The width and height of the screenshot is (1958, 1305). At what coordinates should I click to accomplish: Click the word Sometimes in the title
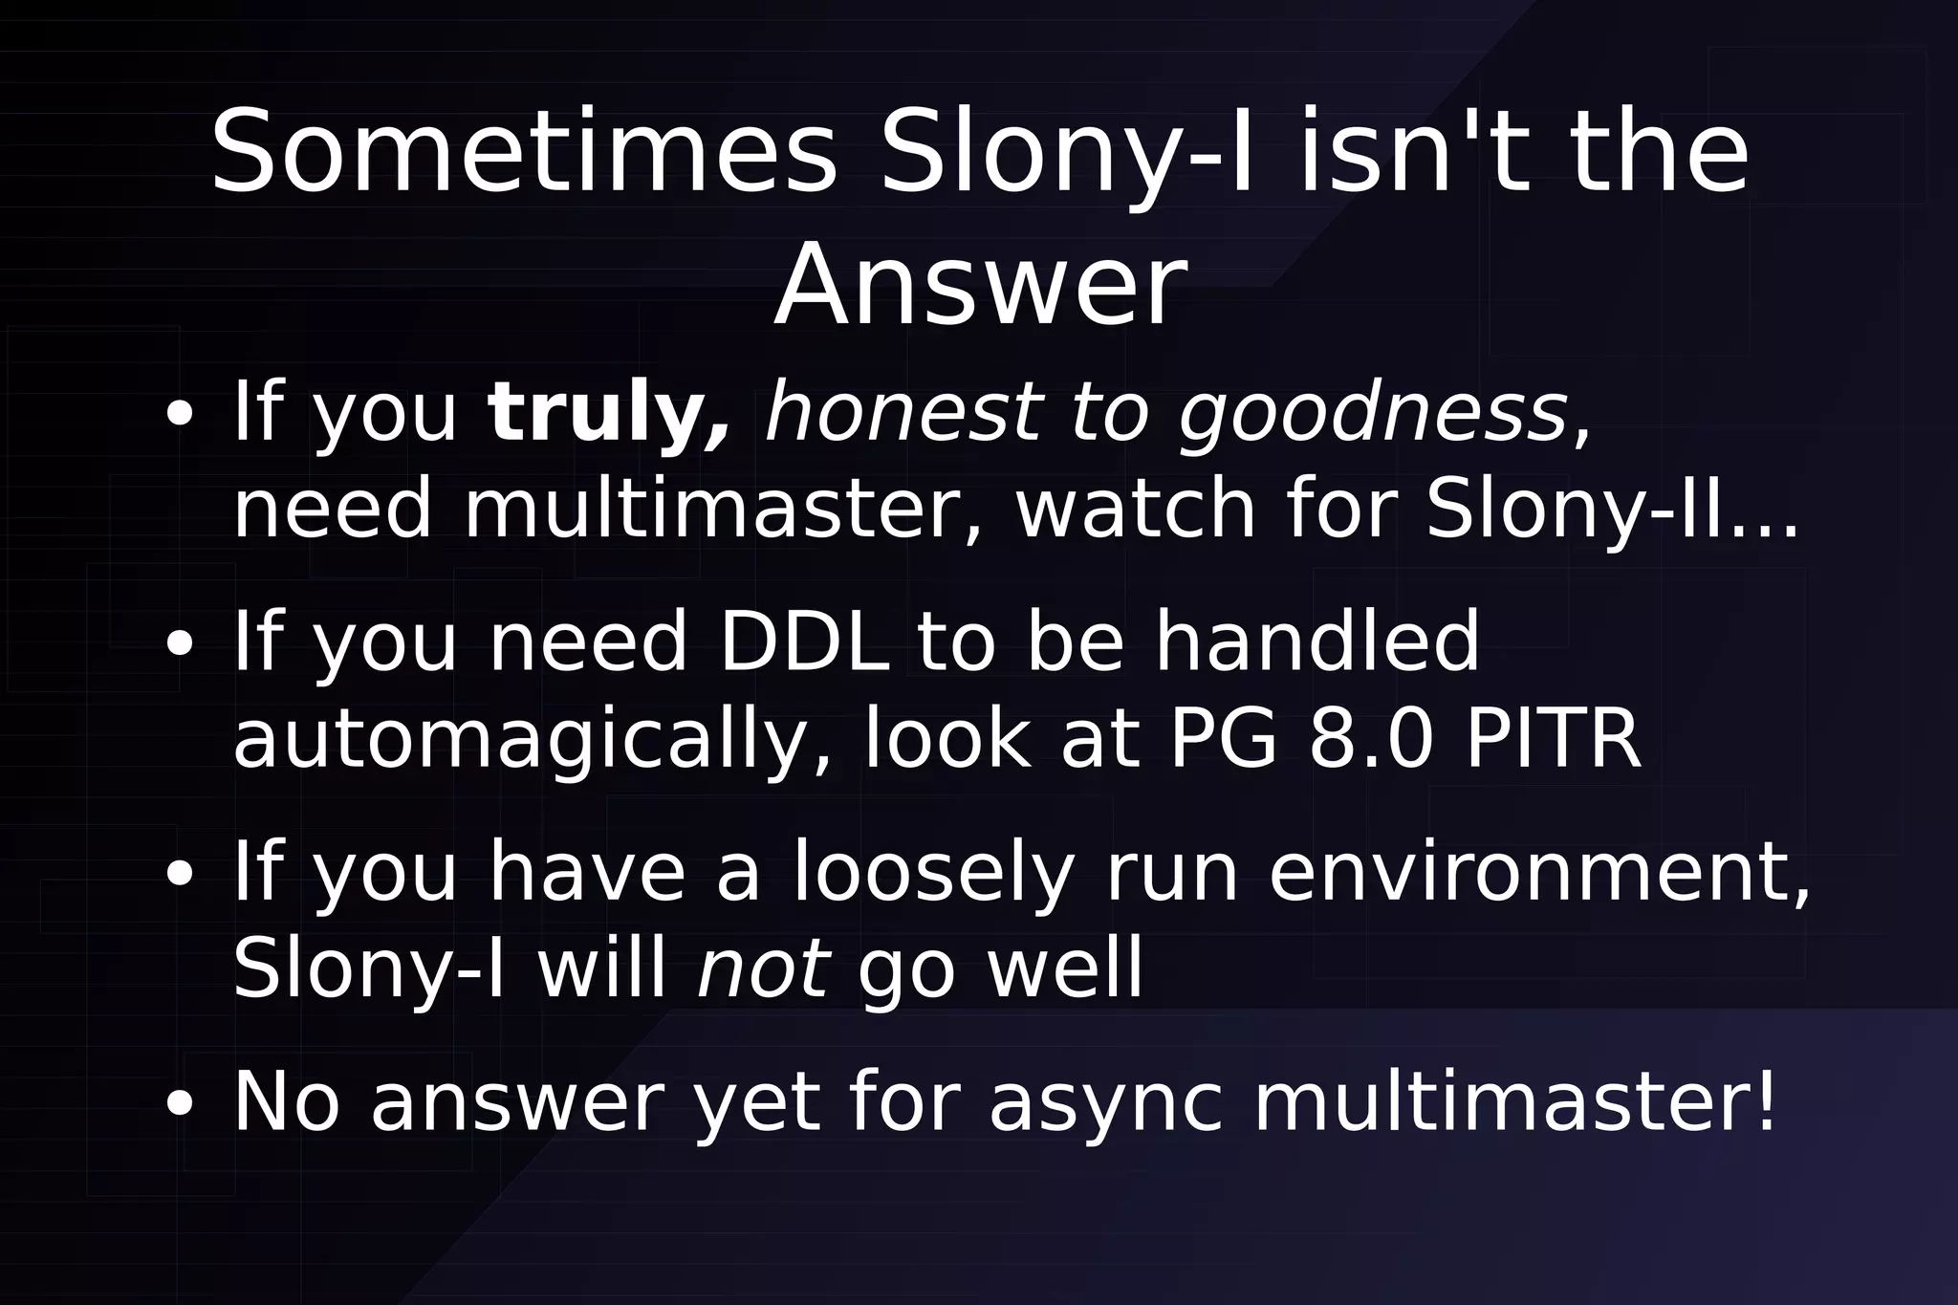(523, 153)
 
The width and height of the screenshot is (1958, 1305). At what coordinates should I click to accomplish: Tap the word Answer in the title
(980, 287)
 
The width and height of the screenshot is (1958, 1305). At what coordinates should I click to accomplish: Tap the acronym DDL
(803, 642)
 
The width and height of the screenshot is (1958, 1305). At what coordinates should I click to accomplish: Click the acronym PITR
(1553, 739)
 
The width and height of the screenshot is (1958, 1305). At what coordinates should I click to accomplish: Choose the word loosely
(932, 873)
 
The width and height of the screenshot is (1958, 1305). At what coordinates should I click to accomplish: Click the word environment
(1538, 873)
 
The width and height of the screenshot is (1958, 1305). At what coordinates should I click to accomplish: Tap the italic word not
(763, 969)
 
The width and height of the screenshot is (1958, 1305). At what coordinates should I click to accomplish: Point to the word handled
(1316, 642)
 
